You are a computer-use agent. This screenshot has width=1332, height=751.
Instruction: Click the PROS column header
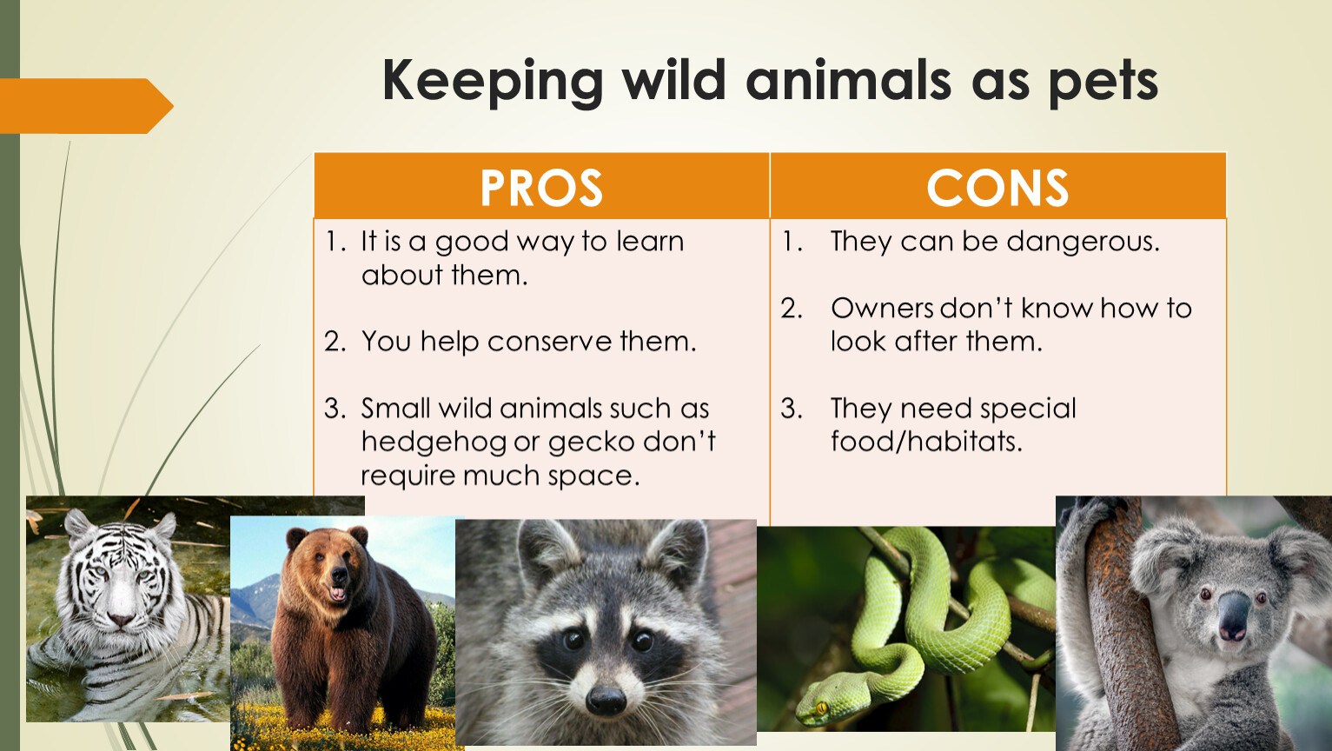541,188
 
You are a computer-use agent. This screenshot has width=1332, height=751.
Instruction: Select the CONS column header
997,188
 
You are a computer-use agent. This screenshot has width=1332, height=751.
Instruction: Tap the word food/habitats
926,442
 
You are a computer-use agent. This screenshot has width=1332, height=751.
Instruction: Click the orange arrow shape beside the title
87,106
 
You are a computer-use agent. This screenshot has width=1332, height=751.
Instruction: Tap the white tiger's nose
121,620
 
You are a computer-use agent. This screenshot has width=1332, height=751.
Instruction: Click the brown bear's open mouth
337,594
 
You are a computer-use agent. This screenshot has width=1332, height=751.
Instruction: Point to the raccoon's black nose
606,701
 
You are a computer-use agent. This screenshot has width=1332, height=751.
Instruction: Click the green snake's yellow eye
822,708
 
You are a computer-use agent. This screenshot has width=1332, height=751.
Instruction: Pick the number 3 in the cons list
792,409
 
